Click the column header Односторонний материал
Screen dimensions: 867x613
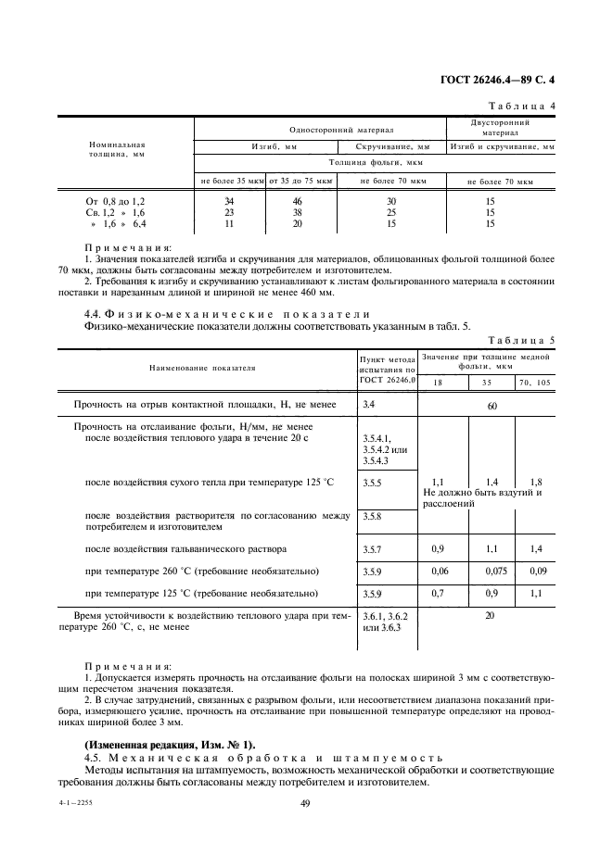318,131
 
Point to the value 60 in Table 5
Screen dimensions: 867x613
492,407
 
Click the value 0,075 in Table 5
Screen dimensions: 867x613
492,572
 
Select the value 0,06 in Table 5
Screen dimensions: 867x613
441,572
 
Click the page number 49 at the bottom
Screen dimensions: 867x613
306,804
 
